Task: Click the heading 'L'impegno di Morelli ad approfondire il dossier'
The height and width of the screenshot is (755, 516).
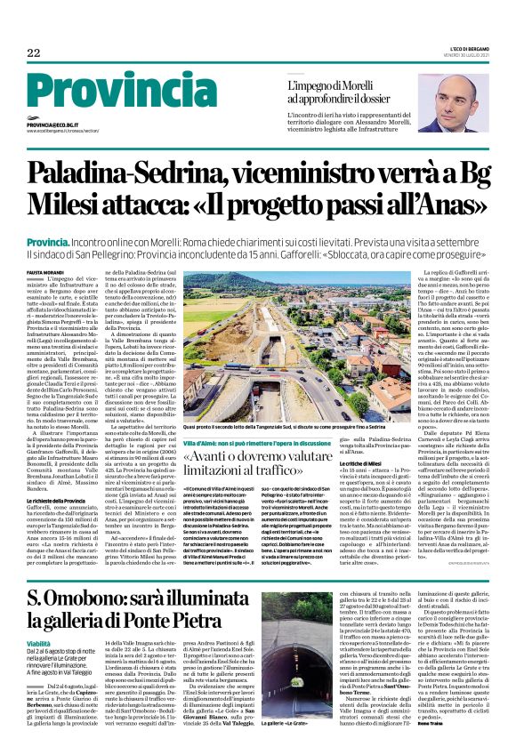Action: pos(347,92)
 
